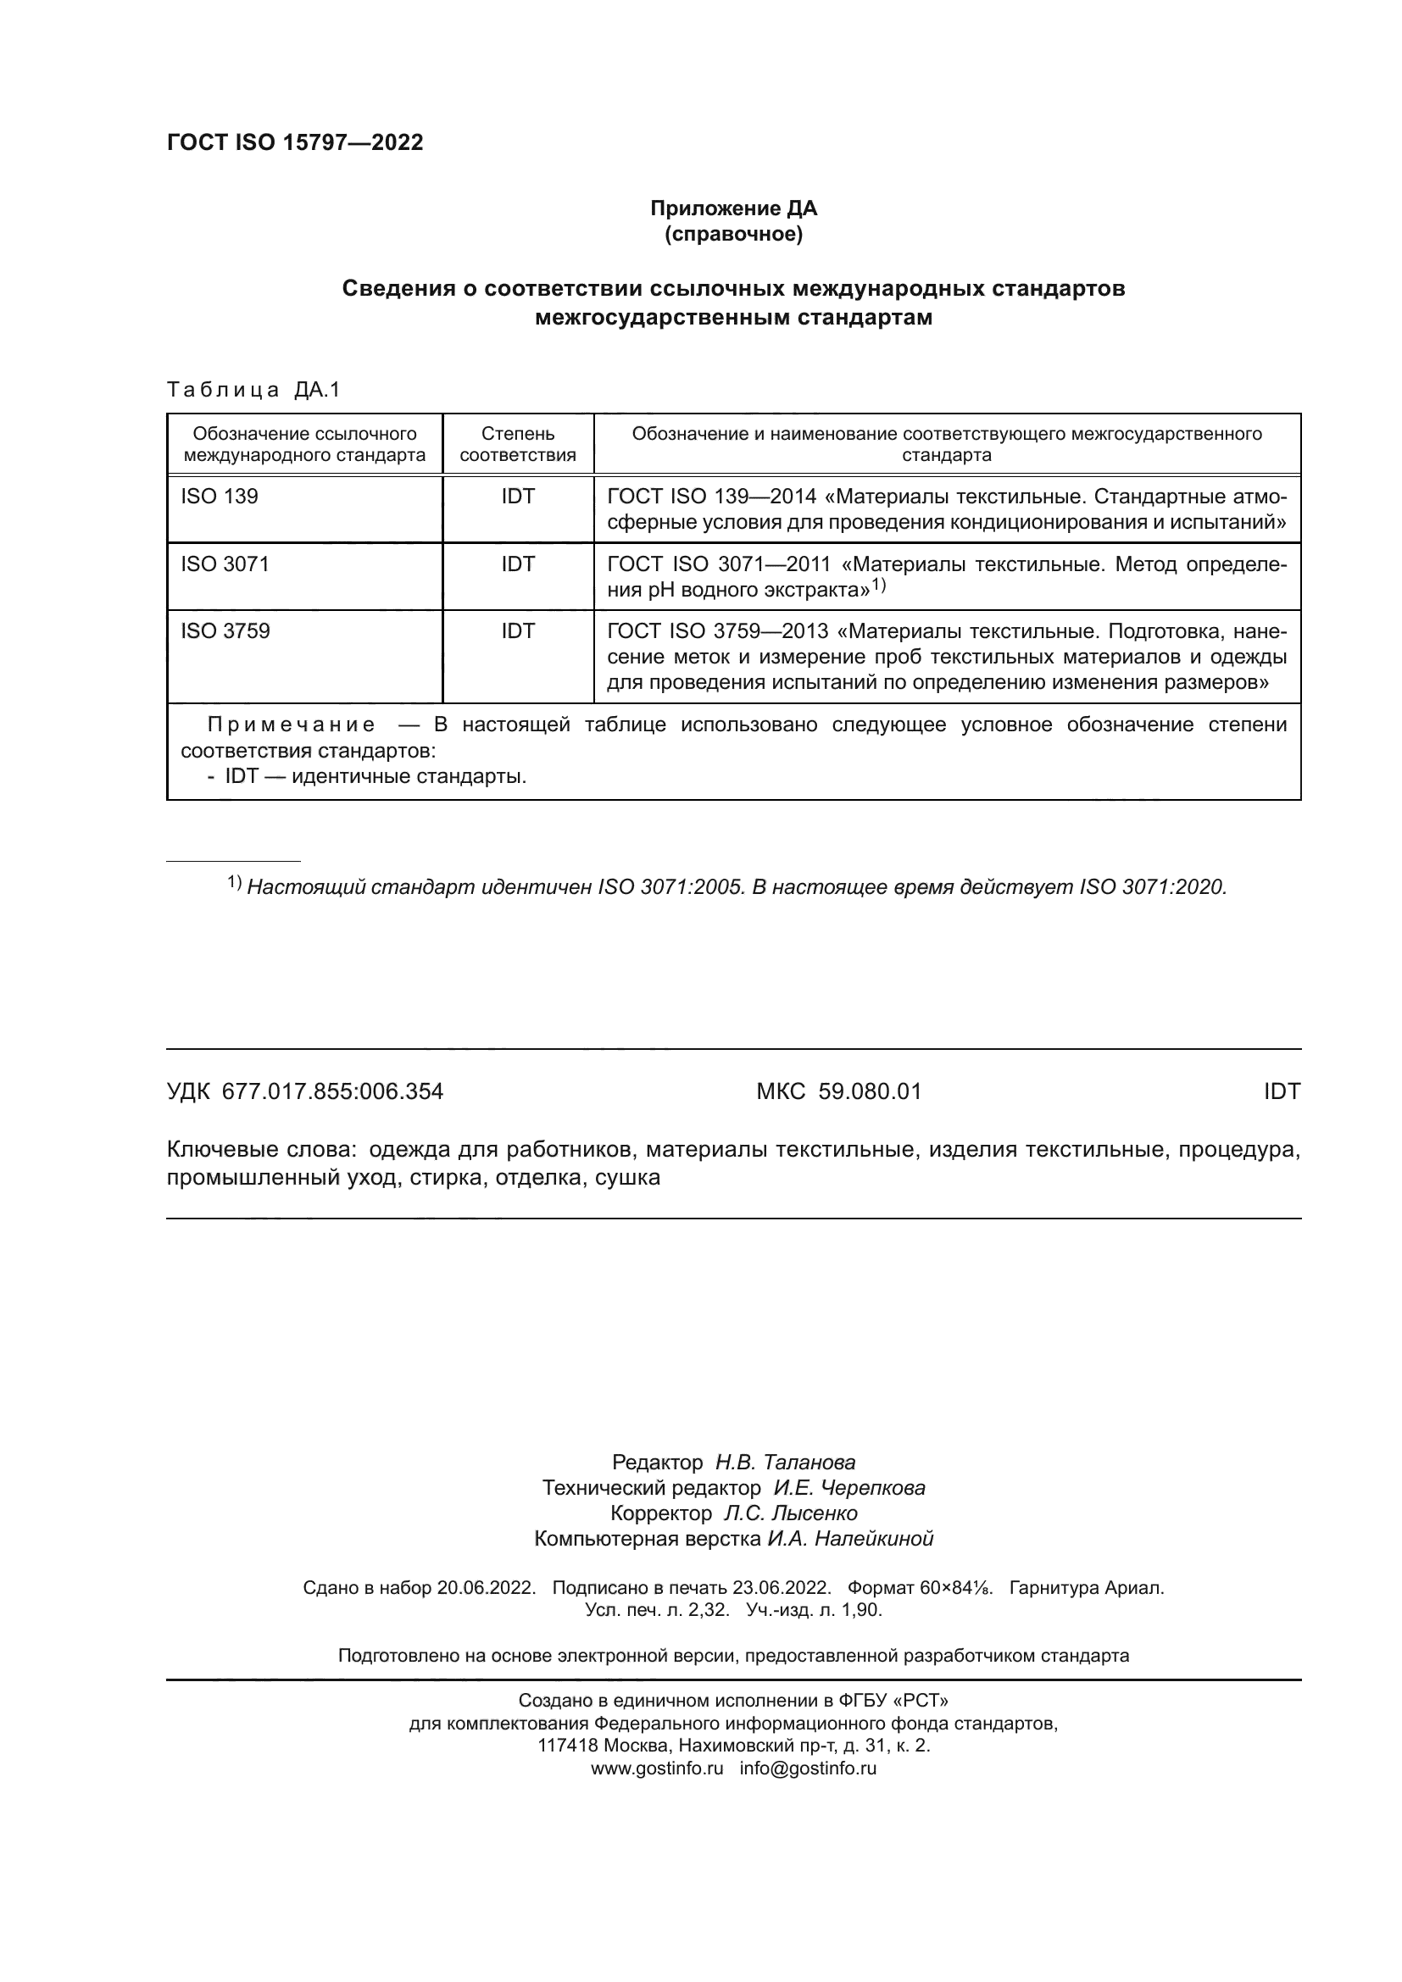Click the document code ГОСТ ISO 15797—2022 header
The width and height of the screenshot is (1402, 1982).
[x=294, y=142]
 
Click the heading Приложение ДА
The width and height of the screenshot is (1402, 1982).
[x=733, y=208]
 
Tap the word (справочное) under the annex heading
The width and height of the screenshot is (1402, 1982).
[x=733, y=234]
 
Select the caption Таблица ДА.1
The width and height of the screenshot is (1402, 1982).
[x=253, y=389]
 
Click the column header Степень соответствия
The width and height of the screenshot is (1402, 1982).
[x=517, y=444]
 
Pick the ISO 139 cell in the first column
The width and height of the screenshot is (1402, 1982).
[x=220, y=497]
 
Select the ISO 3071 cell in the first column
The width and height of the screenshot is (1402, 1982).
[x=225, y=564]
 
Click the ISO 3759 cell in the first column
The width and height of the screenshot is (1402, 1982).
[x=225, y=631]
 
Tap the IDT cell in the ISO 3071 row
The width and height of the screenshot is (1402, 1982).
[x=517, y=564]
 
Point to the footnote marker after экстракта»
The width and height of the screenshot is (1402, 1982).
[x=878, y=586]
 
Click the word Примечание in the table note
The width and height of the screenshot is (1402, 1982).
[x=291, y=725]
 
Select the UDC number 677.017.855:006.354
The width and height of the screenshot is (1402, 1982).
[x=332, y=1091]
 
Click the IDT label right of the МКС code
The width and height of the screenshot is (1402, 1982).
[x=1281, y=1091]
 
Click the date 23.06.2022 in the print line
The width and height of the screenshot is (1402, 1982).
[x=782, y=1587]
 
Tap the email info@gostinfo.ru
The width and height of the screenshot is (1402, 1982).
[x=807, y=1768]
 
